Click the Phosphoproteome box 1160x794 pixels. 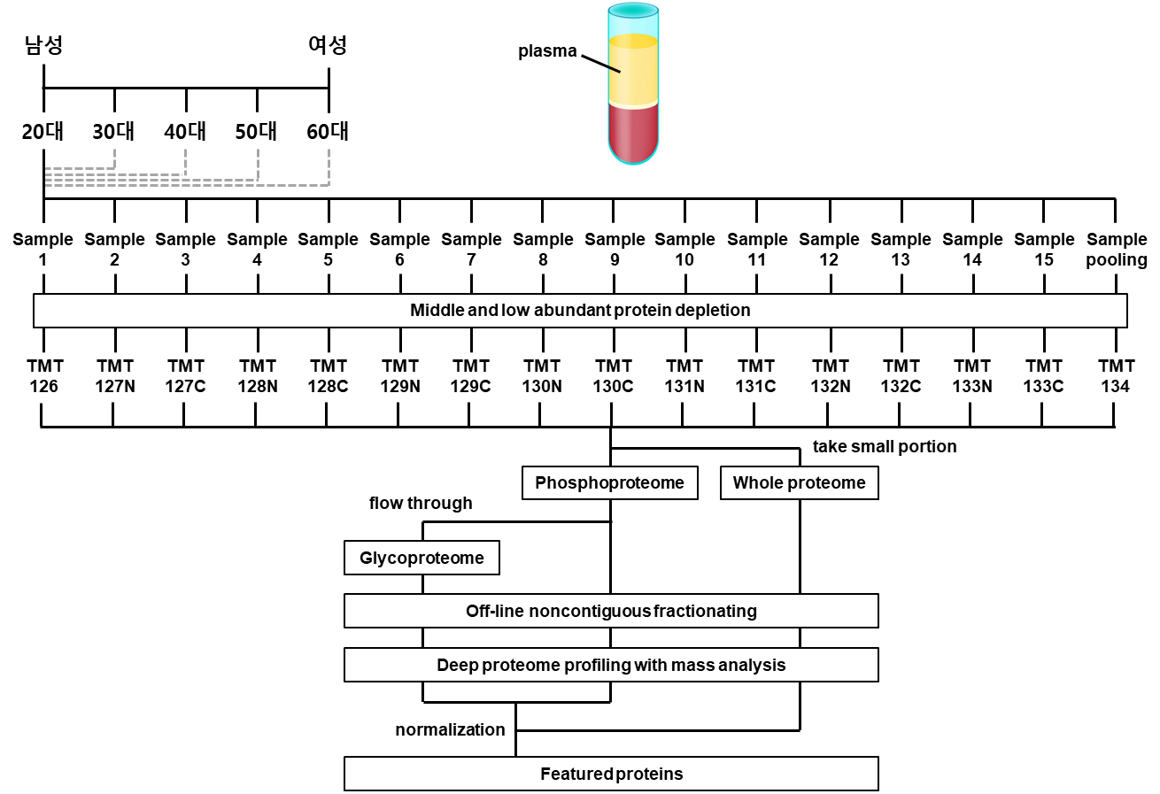click(609, 483)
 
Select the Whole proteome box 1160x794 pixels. click(799, 483)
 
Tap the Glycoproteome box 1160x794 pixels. click(421, 558)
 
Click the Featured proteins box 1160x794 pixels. click(611, 774)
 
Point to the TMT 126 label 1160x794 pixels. click(44, 376)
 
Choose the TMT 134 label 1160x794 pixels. click(1116, 376)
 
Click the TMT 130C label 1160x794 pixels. click(613, 376)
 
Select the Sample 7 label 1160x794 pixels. click(471, 250)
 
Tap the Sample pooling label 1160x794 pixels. click(1117, 250)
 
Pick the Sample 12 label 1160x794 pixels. click(829, 250)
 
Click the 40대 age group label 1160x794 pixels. click(185, 132)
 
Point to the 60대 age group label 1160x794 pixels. click(328, 132)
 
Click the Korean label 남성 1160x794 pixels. click(44, 45)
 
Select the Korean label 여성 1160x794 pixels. click(328, 45)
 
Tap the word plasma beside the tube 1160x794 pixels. click(547, 51)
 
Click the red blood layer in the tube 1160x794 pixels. click(633, 133)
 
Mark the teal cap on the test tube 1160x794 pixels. click(633, 11)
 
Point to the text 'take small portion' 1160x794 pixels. click(885, 447)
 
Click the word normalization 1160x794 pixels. click(450, 729)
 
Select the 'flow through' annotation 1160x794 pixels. click(421, 503)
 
